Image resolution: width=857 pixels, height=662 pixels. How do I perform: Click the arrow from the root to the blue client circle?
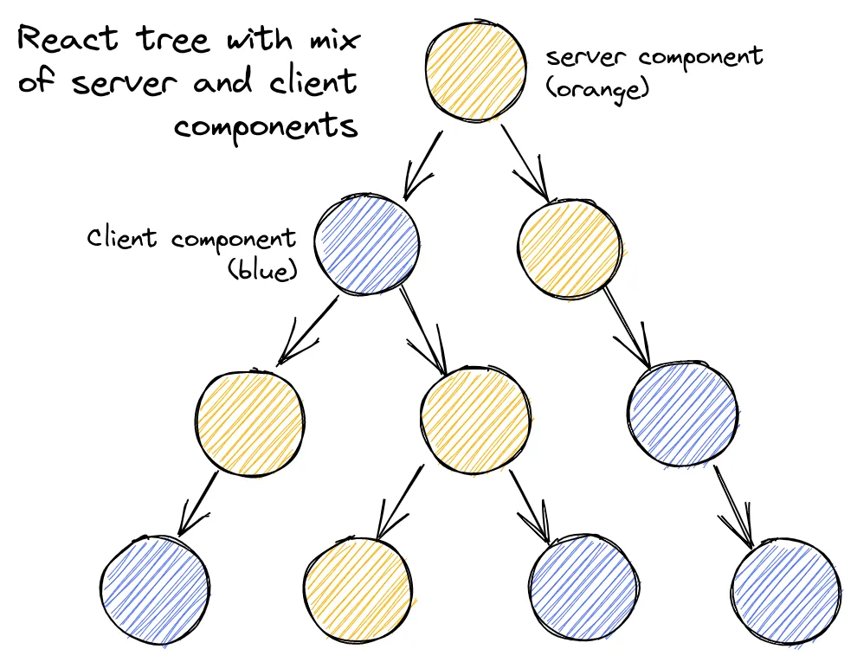[x=422, y=164]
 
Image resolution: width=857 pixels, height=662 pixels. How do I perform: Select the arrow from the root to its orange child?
[x=524, y=164]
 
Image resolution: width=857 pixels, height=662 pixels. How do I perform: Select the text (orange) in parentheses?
[x=597, y=88]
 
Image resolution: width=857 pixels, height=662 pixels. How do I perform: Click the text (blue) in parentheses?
[x=263, y=271]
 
